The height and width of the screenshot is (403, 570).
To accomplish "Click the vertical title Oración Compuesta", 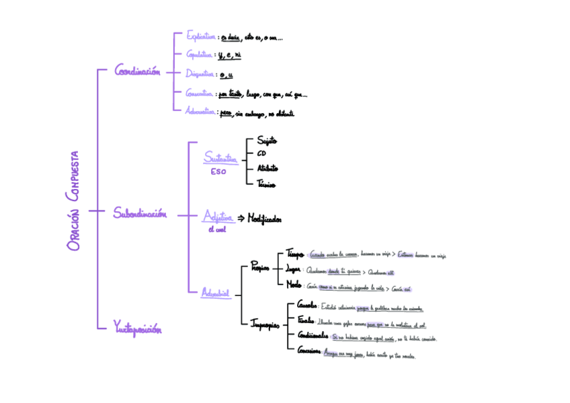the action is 74,200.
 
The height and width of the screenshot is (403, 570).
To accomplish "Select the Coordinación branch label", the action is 137,71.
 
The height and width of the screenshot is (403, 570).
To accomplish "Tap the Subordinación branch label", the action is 139,214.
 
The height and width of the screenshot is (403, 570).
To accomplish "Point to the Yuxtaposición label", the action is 138,329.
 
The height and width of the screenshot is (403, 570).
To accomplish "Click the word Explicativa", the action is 201,37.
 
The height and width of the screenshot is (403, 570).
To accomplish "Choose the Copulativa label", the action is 200,55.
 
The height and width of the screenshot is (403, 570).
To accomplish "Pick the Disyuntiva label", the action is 200,75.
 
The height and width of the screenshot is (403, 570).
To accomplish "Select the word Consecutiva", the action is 200,94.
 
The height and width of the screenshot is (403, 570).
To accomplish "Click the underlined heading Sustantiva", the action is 220,159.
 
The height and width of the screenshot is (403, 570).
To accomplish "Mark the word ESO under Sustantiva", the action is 218,172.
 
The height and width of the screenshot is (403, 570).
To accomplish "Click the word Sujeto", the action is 268,141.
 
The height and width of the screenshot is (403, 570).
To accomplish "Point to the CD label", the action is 261,154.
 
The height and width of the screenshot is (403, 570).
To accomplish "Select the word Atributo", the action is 268,168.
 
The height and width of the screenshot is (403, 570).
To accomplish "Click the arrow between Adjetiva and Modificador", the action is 241,219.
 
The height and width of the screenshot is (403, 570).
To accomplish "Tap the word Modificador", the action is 265,219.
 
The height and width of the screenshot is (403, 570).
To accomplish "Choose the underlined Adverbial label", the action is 215,293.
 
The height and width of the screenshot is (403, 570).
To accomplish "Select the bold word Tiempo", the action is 296,254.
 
